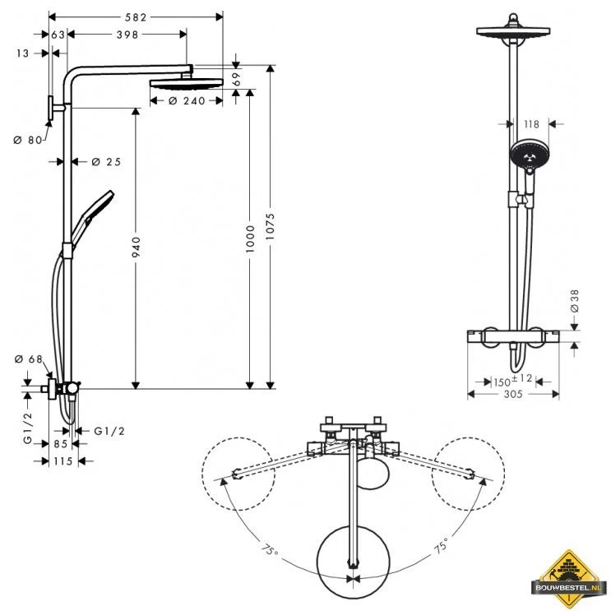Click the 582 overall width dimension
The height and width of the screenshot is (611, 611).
(137, 16)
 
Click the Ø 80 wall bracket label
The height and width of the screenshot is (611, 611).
(27, 140)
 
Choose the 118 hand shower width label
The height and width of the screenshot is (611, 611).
(530, 125)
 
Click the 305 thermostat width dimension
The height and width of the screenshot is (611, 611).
(512, 395)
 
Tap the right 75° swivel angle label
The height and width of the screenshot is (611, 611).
(441, 546)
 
